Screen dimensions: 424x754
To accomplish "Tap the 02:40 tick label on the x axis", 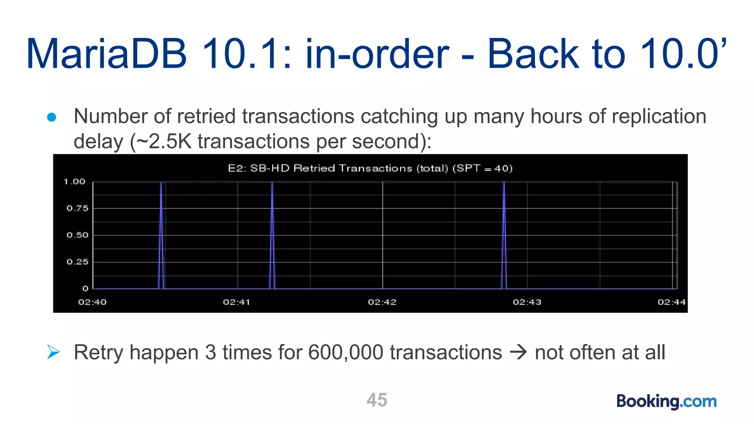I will [x=92, y=302].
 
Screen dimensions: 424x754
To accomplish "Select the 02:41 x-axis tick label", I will [x=237, y=302].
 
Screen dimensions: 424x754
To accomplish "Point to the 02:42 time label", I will [x=382, y=302].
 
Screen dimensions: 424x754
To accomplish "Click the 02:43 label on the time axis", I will [x=527, y=302].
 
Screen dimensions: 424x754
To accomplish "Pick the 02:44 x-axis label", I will [x=672, y=302].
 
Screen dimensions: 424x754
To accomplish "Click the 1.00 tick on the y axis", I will [x=74, y=181].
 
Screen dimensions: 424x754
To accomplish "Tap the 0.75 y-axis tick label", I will [x=77, y=208].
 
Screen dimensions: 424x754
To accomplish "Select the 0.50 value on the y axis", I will [x=77, y=235].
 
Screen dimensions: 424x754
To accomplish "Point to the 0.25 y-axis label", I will [x=77, y=262].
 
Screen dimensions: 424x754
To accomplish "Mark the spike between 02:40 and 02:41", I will [x=161, y=236].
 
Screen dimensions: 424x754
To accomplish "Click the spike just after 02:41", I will [x=272, y=236].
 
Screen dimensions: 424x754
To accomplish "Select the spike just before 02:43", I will [x=504, y=236].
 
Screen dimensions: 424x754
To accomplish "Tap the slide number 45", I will [x=377, y=400].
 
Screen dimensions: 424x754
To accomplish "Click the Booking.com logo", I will [x=666, y=401].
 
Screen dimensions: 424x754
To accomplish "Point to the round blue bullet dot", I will [x=52, y=117].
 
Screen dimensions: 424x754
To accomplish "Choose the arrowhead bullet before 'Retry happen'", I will [x=53, y=352].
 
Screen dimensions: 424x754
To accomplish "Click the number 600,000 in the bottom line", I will [x=346, y=352].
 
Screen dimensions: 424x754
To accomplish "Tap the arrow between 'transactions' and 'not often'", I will [x=518, y=352].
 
